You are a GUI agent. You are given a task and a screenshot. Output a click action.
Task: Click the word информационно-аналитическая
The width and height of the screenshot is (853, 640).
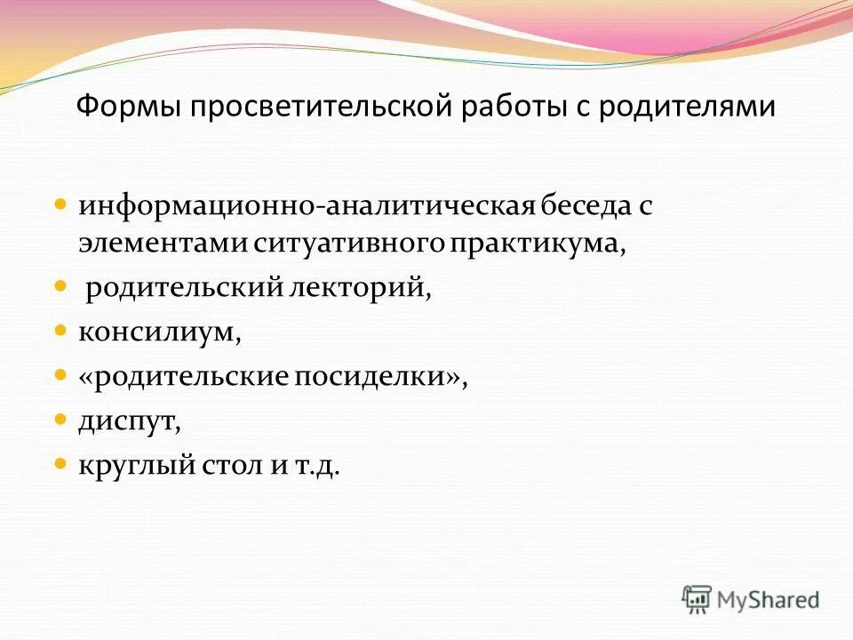point(307,207)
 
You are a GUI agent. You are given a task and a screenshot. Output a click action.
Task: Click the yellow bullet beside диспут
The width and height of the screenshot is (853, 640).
point(60,417)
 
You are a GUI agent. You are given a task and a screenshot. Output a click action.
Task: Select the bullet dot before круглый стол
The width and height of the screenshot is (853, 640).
point(60,462)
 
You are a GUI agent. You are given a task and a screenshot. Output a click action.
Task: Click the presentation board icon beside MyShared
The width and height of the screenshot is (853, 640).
point(698,599)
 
